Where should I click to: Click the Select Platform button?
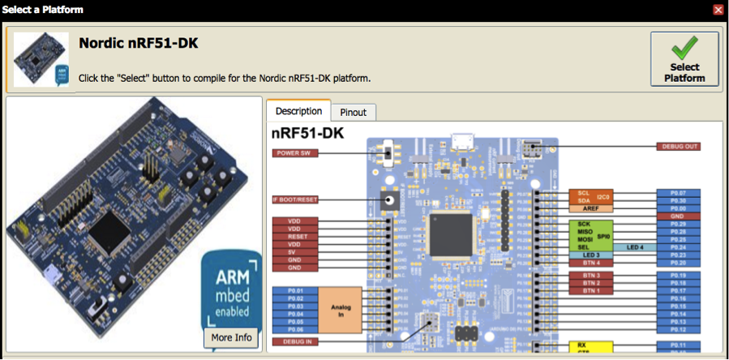tap(684, 58)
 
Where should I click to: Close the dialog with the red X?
tap(718, 10)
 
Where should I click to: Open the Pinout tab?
tap(353, 113)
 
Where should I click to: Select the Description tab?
tap(298, 111)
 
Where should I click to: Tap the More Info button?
tap(231, 337)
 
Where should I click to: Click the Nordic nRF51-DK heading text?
tap(139, 43)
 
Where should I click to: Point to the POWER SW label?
tap(293, 152)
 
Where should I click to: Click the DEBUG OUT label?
tap(678, 147)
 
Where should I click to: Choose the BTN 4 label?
tap(590, 263)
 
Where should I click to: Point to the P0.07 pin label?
tap(678, 193)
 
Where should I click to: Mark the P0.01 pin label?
tap(294, 290)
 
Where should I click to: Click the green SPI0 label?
tap(603, 236)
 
